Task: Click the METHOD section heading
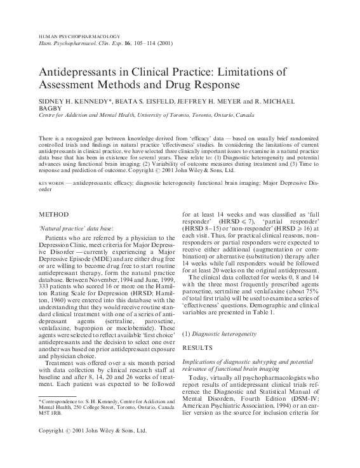pos(54,214)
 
